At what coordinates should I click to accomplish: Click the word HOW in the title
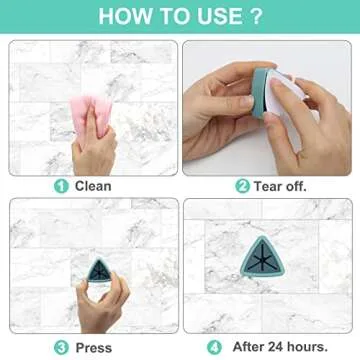click(122, 17)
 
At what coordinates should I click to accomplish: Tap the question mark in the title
click(257, 17)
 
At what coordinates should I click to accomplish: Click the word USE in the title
click(218, 17)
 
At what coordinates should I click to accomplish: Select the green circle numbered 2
click(242, 186)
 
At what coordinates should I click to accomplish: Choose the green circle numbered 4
click(214, 347)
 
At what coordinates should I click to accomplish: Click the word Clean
click(93, 186)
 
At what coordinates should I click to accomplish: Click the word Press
click(93, 347)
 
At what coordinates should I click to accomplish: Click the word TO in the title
click(172, 17)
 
